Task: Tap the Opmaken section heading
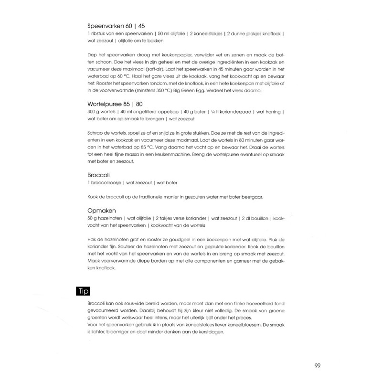(x=103, y=210)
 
